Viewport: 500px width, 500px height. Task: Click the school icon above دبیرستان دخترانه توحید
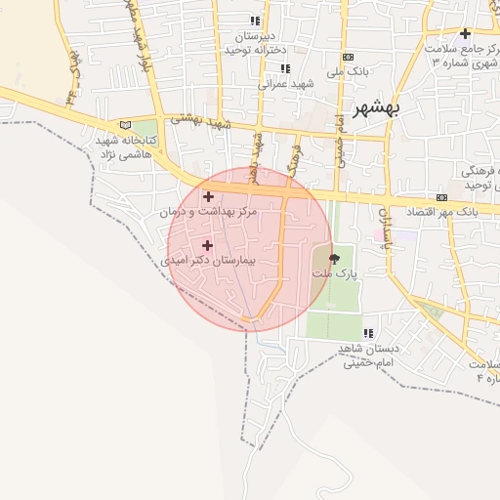click(255, 21)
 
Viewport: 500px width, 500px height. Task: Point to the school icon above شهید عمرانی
click(285, 68)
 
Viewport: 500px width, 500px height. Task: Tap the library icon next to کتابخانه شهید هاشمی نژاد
click(123, 125)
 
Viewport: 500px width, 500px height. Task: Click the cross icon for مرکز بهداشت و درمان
click(208, 197)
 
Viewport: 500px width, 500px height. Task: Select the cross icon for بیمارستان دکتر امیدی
click(206, 245)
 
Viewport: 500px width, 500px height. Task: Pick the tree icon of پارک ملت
click(336, 259)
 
